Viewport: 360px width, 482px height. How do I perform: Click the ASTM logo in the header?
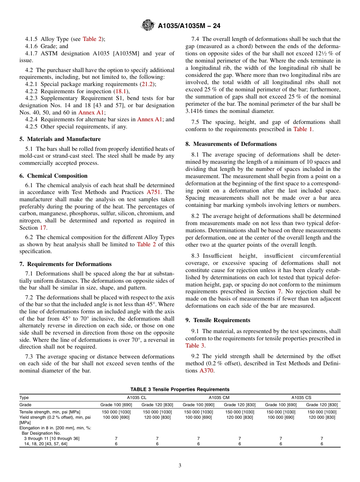tap(148, 26)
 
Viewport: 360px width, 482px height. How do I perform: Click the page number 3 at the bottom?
tap(180, 466)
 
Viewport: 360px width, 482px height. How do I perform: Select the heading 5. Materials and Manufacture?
tap(60, 139)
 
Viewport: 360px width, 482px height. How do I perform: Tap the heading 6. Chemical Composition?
tap(53, 176)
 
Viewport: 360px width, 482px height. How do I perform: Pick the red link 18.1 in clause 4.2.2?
tap(121, 91)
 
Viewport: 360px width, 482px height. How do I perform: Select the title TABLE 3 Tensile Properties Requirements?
tap(180, 390)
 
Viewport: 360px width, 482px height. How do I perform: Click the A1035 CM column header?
tap(219, 398)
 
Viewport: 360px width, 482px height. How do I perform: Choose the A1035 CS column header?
tap(301, 398)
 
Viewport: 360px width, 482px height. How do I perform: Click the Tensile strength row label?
tap(50, 412)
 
